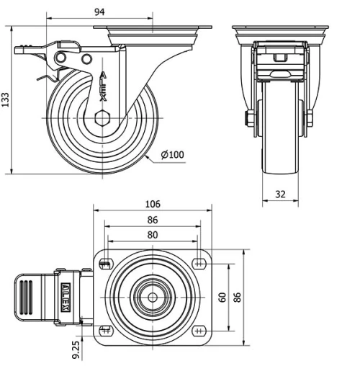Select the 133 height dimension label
6,99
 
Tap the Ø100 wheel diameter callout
172,154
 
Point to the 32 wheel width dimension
281,193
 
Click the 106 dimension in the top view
153,204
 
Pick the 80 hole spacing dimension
153,233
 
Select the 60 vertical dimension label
222,296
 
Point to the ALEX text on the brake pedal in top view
66,297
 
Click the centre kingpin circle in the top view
153,296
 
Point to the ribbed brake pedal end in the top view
27,296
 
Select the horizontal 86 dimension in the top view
153,219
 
